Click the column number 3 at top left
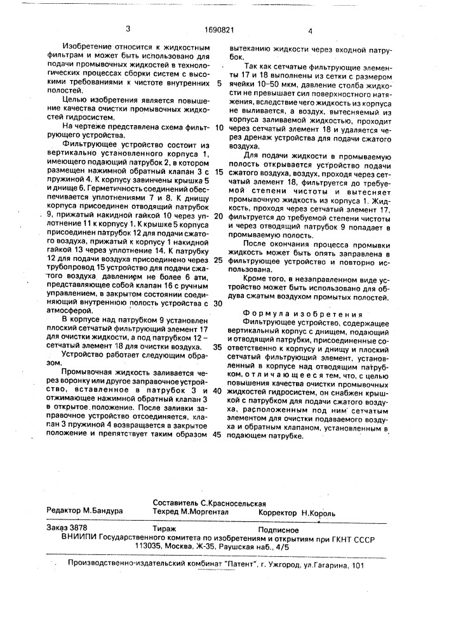pos(128,29)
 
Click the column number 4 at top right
pos(311,30)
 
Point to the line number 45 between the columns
pos(218,436)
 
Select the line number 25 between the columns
pos(218,260)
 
